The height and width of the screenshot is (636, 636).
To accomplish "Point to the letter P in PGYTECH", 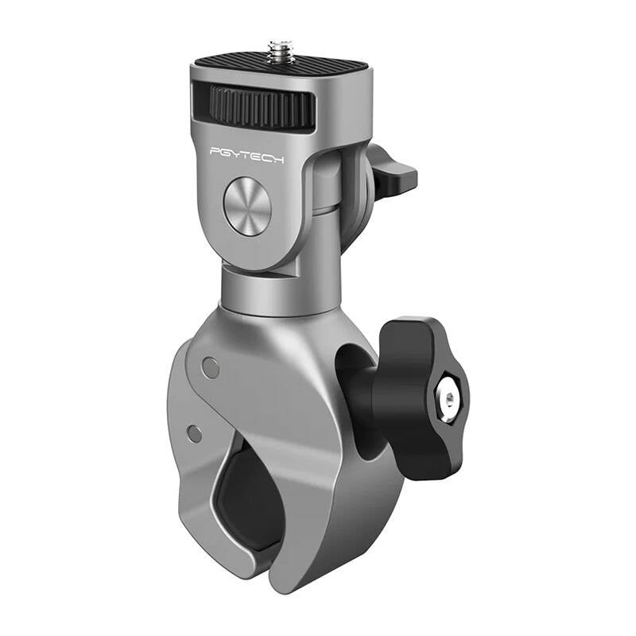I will tap(215, 152).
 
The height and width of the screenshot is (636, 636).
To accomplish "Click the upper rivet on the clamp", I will tap(211, 366).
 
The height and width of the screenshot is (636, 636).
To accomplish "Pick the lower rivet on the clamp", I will tap(193, 432).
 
